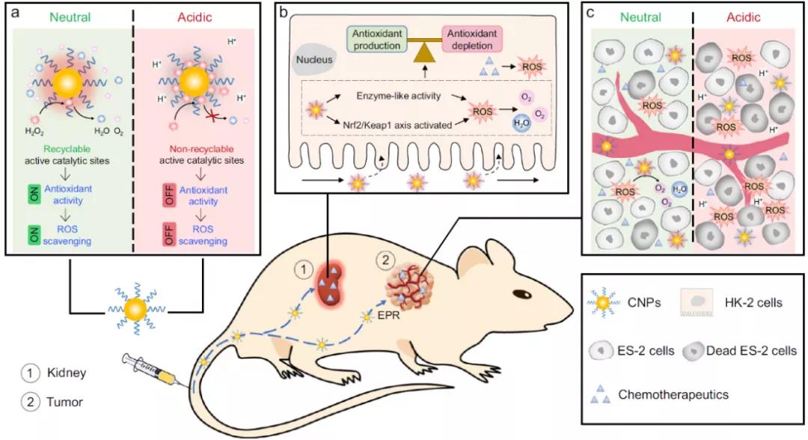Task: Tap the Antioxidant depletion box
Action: click(x=471, y=39)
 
